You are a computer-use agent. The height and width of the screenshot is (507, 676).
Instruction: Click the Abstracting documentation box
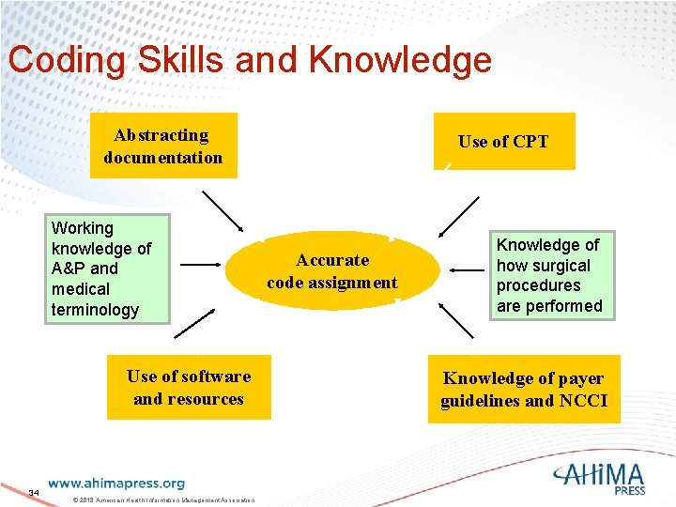coord(162,146)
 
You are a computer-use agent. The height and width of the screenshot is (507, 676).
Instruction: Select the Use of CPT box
coord(503,141)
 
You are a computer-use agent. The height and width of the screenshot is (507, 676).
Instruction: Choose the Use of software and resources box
coord(189,387)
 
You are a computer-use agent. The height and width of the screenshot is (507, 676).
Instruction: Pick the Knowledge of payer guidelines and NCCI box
coord(524,389)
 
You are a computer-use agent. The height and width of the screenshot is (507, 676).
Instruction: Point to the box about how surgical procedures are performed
coord(549,275)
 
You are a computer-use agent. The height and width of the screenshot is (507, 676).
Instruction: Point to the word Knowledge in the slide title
coord(400,59)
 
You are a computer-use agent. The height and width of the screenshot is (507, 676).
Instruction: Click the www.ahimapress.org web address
coord(116,484)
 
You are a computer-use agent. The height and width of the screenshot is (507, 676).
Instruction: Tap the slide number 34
coord(34,492)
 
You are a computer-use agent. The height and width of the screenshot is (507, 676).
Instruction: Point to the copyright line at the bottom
coord(163,499)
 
